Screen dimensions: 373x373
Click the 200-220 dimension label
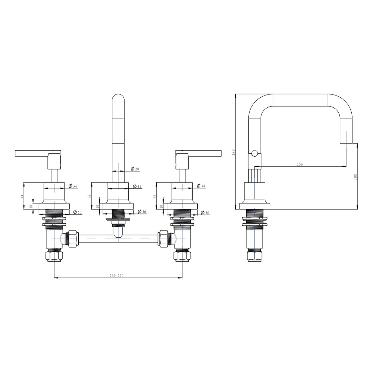pos(116,276)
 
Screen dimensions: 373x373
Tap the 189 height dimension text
pos(233,152)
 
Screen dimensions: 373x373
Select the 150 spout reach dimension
pos(300,164)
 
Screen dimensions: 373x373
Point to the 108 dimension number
pos(355,177)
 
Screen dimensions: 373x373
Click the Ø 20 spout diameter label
pos(135,169)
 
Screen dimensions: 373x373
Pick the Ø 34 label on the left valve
pos(73,186)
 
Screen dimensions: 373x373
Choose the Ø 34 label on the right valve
pos(201,186)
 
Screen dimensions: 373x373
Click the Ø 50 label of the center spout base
pos(142,211)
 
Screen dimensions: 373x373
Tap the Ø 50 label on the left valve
pos(77,212)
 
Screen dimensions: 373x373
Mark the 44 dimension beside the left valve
pos(22,196)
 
